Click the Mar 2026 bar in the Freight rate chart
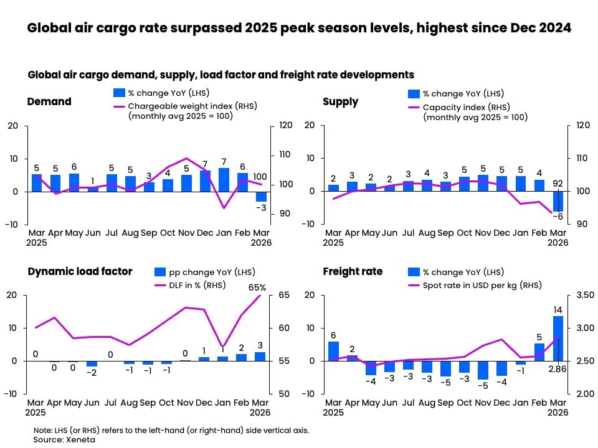(x=558, y=338)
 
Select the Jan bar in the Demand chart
(x=224, y=179)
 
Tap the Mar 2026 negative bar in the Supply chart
(x=558, y=201)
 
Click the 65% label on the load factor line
(x=258, y=287)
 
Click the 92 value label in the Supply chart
(x=558, y=184)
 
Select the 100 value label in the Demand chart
(x=260, y=177)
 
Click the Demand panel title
(x=49, y=101)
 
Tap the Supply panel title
(x=340, y=101)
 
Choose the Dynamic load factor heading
(x=80, y=271)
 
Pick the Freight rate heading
(x=353, y=271)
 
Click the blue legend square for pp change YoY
(x=160, y=272)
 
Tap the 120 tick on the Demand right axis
(x=285, y=126)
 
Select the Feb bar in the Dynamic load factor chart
(x=241, y=357)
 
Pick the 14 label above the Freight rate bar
(x=558, y=309)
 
